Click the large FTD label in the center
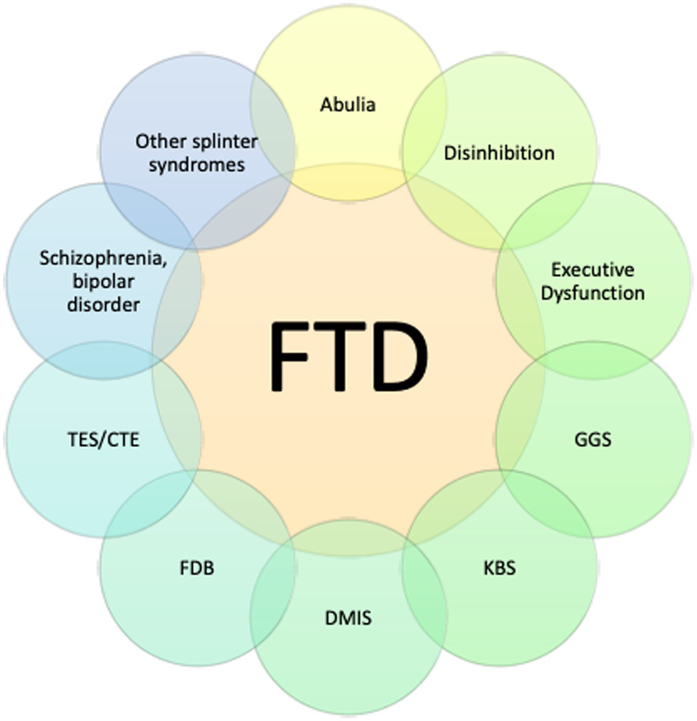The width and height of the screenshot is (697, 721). [x=348, y=357]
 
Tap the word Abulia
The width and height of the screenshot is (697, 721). [x=348, y=105]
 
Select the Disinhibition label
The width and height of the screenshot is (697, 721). [x=499, y=153]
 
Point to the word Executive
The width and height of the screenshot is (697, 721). [x=592, y=270]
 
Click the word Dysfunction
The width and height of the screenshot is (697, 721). [x=592, y=293]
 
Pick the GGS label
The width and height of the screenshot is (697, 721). [x=593, y=439]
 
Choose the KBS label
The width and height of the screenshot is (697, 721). [x=499, y=568]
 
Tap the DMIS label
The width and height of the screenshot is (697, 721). [x=348, y=618]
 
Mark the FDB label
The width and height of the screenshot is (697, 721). [x=197, y=568]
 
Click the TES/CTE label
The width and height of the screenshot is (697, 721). [x=104, y=440]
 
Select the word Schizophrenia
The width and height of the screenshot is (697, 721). [x=103, y=258]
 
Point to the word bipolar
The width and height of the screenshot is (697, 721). [x=103, y=282]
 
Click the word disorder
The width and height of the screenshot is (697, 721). [x=103, y=305]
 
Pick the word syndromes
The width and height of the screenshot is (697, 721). [x=197, y=165]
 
